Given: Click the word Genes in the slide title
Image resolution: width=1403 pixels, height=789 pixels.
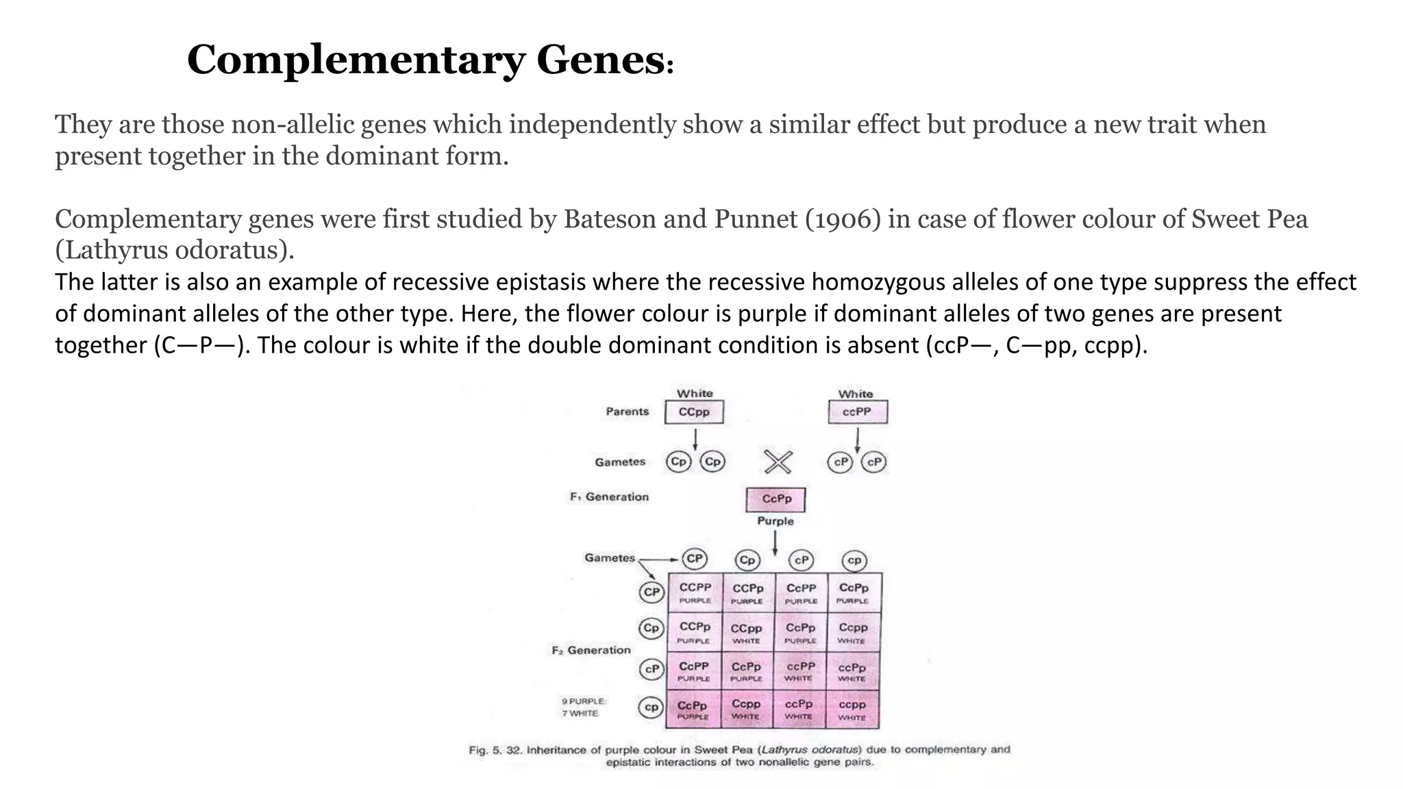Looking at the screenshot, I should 600,60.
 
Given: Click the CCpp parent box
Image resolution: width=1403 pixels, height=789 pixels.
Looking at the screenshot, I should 694,412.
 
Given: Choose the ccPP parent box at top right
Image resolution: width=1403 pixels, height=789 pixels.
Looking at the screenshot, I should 857,412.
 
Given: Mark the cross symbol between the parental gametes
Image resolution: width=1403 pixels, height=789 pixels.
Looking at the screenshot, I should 778,462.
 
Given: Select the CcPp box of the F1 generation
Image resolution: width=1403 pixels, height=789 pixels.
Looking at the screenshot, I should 775,499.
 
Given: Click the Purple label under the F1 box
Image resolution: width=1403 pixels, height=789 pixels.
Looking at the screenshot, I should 775,521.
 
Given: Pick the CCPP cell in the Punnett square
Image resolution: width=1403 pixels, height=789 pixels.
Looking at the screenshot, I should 695,592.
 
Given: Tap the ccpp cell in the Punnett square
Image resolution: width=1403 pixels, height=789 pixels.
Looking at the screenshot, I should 852,710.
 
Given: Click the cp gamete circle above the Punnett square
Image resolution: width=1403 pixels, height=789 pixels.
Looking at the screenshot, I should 854,560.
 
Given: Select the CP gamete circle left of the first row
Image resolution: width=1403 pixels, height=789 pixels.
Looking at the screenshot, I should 651,592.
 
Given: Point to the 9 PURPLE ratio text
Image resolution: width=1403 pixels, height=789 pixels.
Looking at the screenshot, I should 584,701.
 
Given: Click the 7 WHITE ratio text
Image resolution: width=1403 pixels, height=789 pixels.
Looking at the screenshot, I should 580,714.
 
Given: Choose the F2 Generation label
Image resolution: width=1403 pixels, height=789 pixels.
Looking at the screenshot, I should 591,650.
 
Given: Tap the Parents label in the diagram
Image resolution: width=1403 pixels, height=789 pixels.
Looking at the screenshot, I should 627,412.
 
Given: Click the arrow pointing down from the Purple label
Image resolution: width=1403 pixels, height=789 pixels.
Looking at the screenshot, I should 775,542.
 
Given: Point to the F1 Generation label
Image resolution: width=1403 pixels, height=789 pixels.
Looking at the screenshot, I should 609,497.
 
